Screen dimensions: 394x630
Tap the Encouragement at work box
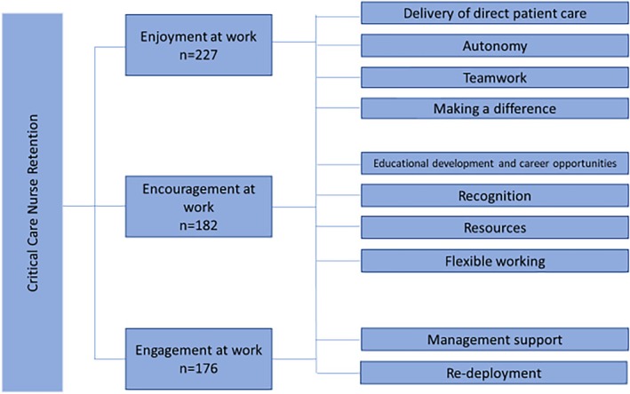pyautogui.click(x=184, y=207)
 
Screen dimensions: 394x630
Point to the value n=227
pyautogui.click(x=184, y=56)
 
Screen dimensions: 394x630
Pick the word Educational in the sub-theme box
pyautogui.click(x=397, y=164)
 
